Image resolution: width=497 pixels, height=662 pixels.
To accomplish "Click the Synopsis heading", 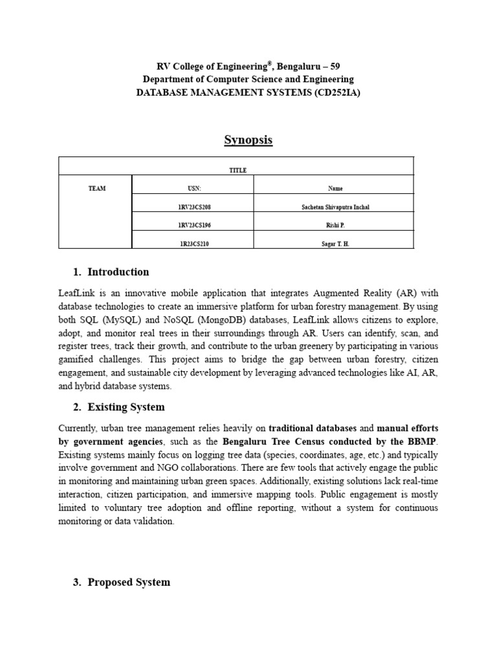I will pos(248,140).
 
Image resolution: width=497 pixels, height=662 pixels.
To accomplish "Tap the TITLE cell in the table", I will pos(237,170).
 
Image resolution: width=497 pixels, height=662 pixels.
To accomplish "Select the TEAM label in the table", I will pos(96,189).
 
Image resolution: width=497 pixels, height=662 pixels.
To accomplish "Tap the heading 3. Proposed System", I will pos(122,582).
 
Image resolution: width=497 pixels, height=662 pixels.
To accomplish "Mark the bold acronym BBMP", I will pos(421,442).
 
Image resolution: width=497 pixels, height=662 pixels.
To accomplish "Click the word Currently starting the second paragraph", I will pos(78,429).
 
